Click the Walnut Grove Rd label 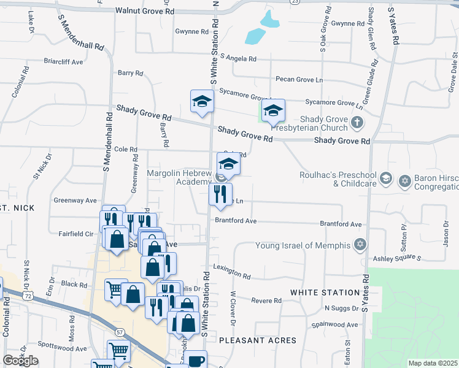click(x=144, y=11)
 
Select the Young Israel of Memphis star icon click(x=361, y=245)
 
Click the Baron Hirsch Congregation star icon click(x=404, y=180)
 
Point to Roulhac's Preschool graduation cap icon click(x=385, y=178)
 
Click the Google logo click(x=20, y=360)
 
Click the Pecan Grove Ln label click(x=299, y=80)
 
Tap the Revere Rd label click(x=267, y=301)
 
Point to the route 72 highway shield click(x=29, y=296)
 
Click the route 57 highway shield click(x=120, y=331)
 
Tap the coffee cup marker click(x=196, y=360)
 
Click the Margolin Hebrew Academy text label click(x=179, y=177)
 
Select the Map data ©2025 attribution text click(x=432, y=363)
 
